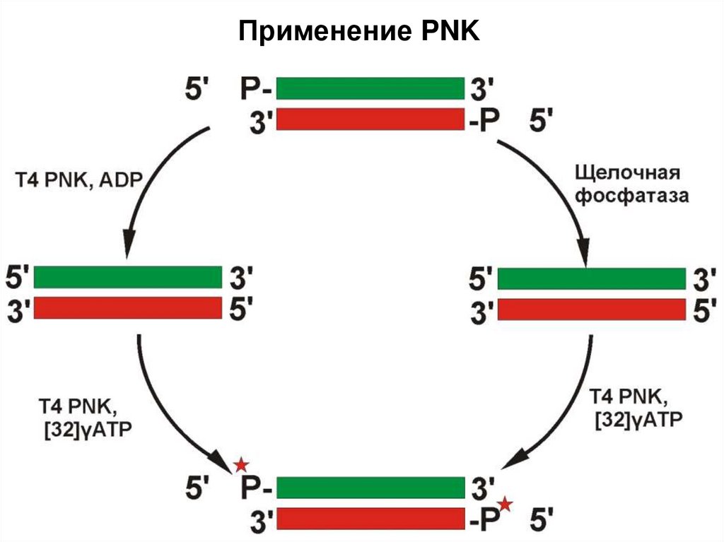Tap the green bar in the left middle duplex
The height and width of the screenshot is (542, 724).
coord(127,276)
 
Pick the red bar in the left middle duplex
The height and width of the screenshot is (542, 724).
coord(127,307)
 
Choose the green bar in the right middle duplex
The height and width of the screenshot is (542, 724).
coord(591,278)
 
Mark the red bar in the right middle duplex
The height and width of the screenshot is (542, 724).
coord(591,309)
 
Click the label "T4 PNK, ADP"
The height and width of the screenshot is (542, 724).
coord(79,182)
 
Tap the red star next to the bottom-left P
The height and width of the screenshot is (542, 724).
coord(242,465)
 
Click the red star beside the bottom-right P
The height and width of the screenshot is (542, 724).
coord(505,504)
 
